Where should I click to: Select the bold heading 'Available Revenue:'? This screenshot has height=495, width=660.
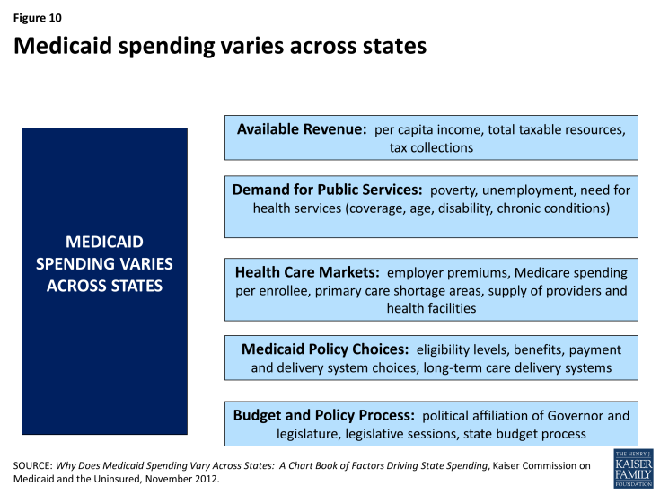[302, 129]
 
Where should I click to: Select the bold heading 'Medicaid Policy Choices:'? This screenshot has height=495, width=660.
[325, 349]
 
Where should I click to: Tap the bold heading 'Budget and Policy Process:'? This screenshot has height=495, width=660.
[323, 415]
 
